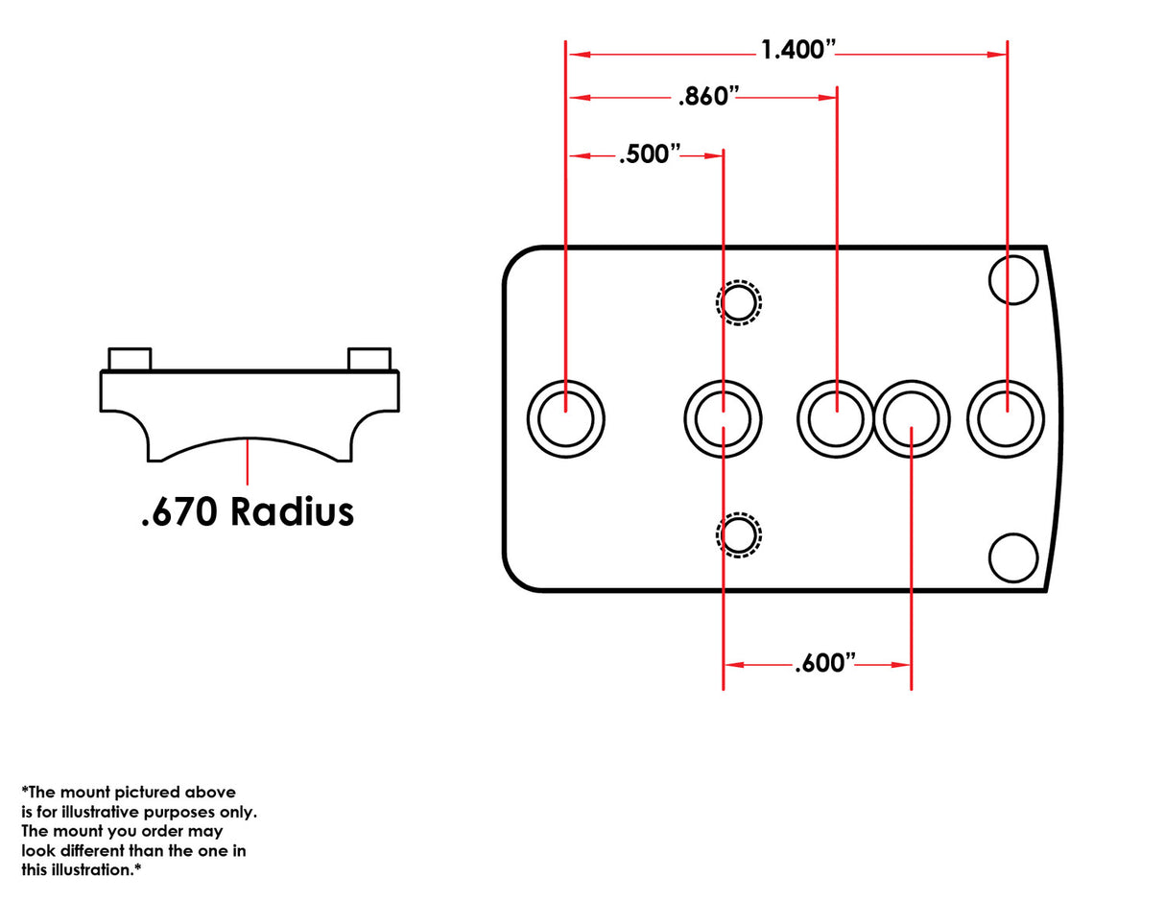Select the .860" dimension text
click(709, 96)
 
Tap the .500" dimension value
click(650, 154)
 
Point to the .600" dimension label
click(825, 663)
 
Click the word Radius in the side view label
click(292, 511)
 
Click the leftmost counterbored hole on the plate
click(566, 418)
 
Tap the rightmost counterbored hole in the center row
click(1006, 418)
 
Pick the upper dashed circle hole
click(738, 302)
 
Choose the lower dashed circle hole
click(738, 534)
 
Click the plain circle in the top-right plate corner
click(1013, 279)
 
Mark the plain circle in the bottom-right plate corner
click(1013, 557)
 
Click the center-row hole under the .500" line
click(723, 418)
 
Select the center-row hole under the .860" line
click(836, 418)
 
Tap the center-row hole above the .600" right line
click(912, 418)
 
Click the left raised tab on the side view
click(130, 359)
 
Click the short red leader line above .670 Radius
click(248, 461)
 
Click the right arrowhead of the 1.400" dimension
click(999, 55)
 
